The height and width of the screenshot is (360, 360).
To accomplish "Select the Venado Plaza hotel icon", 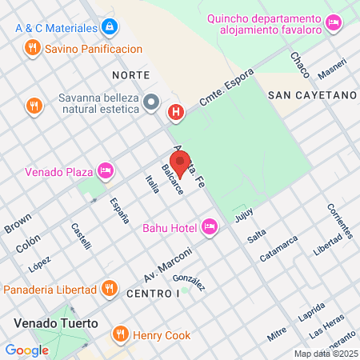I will pyautogui.click(x=105, y=170).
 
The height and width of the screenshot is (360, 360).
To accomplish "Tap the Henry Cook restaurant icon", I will pyautogui.click(x=121, y=334).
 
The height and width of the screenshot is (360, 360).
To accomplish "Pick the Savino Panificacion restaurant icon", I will pyautogui.click(x=33, y=48).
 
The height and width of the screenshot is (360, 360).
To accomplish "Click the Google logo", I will pyautogui.click(x=26, y=350).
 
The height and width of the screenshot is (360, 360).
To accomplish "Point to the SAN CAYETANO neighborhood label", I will pyautogui.click(x=311, y=94).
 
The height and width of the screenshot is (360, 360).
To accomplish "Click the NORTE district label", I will pyautogui.click(x=131, y=74).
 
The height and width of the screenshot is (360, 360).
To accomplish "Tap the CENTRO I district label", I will pyautogui.click(x=152, y=294).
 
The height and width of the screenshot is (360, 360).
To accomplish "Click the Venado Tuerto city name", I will pyautogui.click(x=55, y=324).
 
